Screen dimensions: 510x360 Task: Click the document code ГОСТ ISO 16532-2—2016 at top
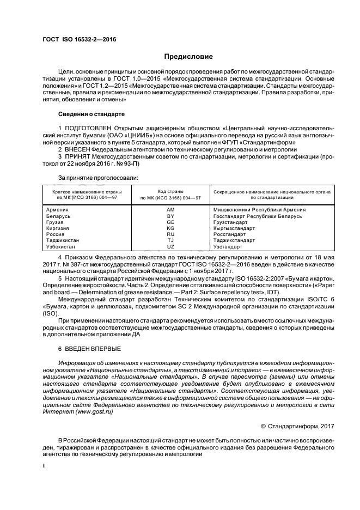(79, 39)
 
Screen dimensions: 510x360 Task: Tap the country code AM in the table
(170, 210)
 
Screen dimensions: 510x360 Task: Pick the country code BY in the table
(170, 216)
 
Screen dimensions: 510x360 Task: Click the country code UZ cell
(170, 246)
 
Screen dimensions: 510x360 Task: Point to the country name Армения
(58, 210)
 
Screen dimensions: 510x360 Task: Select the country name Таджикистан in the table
(63, 240)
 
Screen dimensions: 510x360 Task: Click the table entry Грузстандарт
(230, 222)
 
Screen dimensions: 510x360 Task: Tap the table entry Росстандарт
(230, 234)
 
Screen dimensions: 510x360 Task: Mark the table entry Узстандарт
(228, 246)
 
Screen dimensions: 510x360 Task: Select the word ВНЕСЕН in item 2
(77, 149)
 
